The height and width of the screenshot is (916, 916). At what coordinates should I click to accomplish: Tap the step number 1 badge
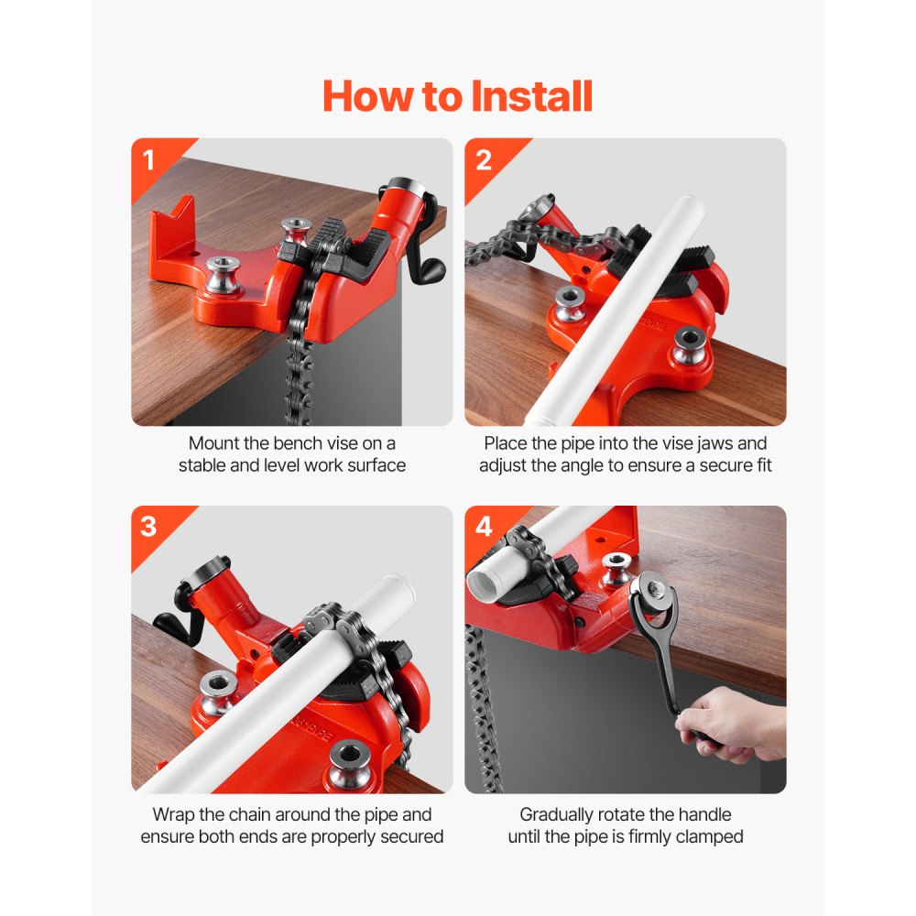pyautogui.click(x=149, y=160)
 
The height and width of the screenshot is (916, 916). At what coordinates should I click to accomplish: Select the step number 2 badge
pyautogui.click(x=484, y=160)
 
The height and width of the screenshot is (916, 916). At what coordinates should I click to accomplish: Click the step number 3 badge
pyautogui.click(x=149, y=528)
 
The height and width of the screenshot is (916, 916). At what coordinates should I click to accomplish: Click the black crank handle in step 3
pyautogui.click(x=174, y=624)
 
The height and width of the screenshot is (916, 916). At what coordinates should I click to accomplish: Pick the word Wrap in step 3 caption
pyautogui.click(x=174, y=814)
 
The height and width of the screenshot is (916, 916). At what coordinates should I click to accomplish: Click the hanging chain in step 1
pyautogui.click(x=299, y=366)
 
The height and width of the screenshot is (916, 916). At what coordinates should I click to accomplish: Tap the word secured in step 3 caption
pyautogui.click(x=408, y=836)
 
